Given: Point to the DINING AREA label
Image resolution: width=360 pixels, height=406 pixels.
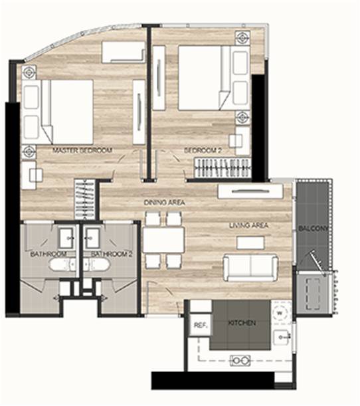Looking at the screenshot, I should point(163,202).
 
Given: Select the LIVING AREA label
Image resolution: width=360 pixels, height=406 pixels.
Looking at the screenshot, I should point(248,226).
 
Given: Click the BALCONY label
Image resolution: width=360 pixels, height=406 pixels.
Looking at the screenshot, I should point(312,228).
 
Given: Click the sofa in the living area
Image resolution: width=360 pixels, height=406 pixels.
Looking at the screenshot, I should point(250,267).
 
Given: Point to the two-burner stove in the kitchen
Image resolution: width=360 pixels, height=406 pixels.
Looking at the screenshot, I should point(240,359).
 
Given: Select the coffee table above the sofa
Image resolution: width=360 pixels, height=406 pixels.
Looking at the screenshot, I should point(250,243).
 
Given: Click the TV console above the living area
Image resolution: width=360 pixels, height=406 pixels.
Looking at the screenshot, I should point(250,191).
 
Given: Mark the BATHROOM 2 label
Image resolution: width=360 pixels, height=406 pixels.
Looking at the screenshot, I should point(108,254).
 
